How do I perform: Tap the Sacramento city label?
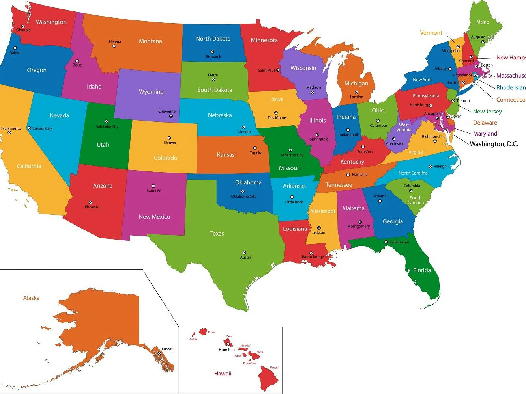tap(11, 128)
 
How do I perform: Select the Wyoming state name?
tap(151, 92)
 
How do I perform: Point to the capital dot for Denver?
tap(169, 138)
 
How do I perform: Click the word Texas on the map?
tap(217, 234)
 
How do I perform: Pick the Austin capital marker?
tap(244, 253)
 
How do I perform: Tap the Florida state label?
tap(422, 270)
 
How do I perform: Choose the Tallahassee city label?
tap(399, 242)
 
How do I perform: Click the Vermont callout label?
tap(431, 33)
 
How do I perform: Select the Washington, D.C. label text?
tap(494, 144)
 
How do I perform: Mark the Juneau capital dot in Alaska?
tap(159, 353)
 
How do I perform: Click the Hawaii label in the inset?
tap(223, 374)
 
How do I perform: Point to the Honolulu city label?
tap(227, 350)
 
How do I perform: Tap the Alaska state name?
tap(31, 298)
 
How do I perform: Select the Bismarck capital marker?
tap(212, 52)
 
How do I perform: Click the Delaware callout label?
tap(485, 123)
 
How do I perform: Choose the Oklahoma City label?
tap(243, 197)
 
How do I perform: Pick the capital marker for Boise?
tap(77, 61)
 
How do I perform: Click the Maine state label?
tap(482, 22)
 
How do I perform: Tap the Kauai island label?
tap(212, 332)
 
